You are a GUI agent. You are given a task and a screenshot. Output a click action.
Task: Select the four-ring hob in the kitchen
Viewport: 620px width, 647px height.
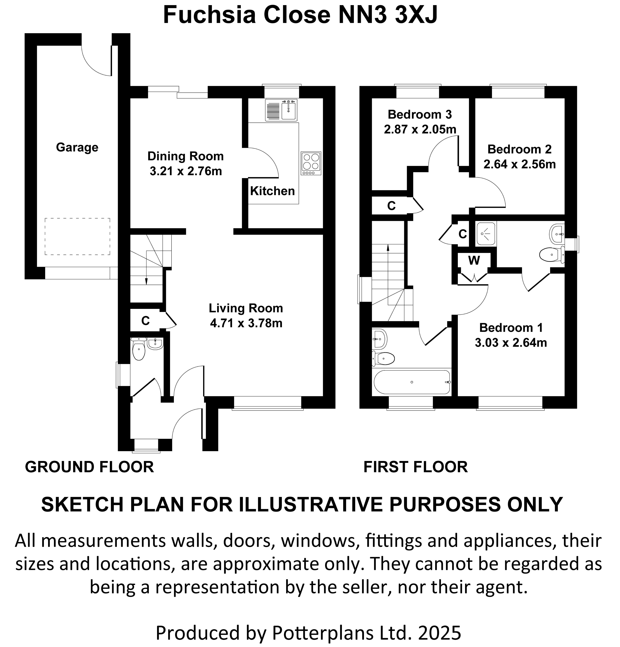tap(311, 163)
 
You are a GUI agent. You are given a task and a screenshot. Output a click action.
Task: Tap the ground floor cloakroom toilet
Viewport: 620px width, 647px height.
tap(139, 350)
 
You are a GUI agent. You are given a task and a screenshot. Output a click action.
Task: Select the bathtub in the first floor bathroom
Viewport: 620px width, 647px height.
tap(412, 382)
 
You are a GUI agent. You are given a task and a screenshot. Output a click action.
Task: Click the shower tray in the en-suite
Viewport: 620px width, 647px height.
tap(486, 234)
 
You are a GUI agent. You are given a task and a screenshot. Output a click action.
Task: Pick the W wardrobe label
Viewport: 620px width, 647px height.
tap(474, 260)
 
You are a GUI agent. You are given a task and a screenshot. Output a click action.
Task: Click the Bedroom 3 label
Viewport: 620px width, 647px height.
tap(420, 114)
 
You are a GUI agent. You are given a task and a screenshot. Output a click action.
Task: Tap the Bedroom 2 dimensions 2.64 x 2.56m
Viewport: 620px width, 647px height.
tap(520, 164)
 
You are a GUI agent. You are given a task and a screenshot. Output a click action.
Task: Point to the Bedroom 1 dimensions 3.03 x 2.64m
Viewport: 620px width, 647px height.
tap(511, 343)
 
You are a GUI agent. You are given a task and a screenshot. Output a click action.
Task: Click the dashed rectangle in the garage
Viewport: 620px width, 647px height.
tap(78, 236)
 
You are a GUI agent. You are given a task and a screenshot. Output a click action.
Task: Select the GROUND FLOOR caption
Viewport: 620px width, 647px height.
tap(89, 467)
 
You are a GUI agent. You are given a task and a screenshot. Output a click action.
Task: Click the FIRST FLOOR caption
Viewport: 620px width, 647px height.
tap(415, 467)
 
